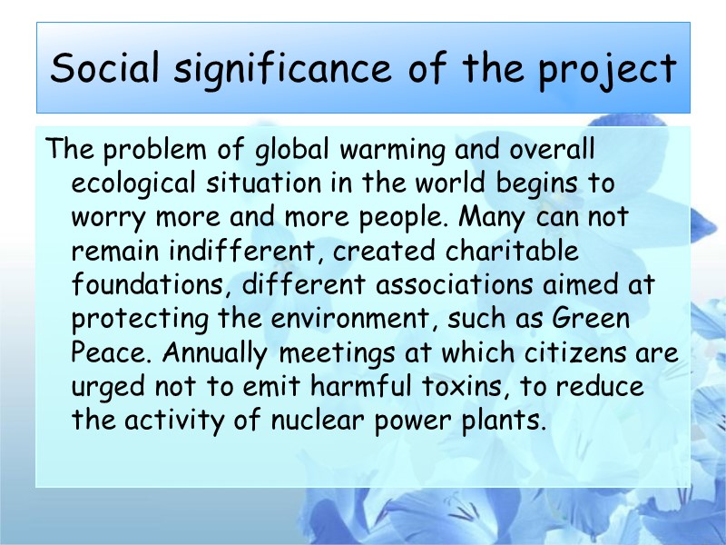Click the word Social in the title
point(100,69)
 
